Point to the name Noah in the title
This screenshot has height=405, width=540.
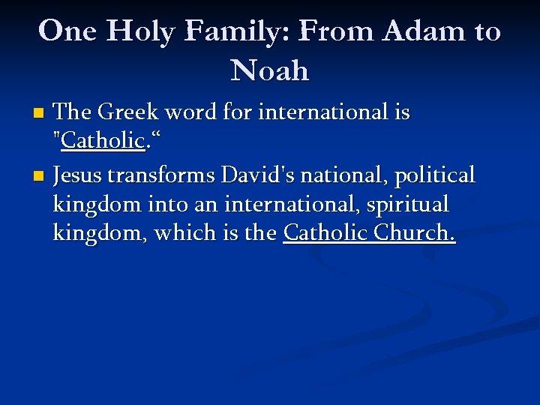pos(270,70)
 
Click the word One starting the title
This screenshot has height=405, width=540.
pos(68,31)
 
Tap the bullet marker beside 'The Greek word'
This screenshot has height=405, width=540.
pos(40,113)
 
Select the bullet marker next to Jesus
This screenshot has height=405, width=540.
pos(40,177)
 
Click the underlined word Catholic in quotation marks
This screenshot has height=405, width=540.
pos(103,141)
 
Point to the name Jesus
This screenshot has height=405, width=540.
pos(79,175)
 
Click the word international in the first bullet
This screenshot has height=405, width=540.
pos(321,112)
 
